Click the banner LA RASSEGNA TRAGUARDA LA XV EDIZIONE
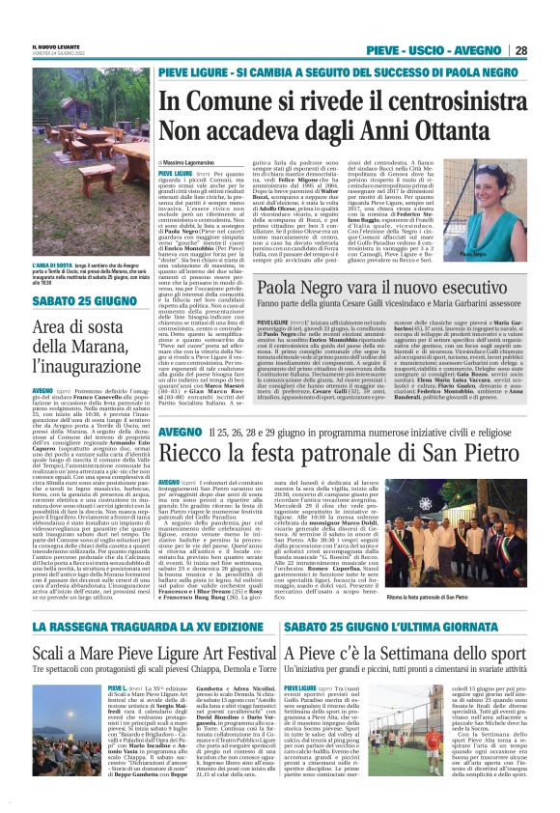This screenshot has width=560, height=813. (x=145, y=629)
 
